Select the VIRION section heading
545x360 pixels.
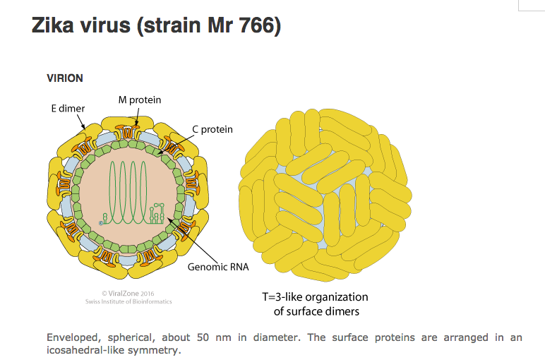tap(64, 78)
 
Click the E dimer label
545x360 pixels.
tap(68, 109)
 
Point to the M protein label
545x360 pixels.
tap(140, 100)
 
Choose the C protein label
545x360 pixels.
tap(212, 130)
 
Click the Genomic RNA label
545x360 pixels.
tap(218, 268)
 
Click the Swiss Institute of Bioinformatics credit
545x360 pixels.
tap(128, 301)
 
